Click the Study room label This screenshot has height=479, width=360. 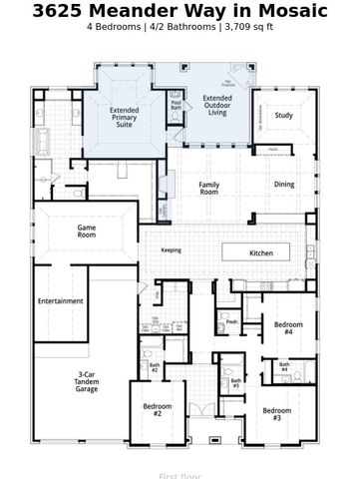click(x=282, y=116)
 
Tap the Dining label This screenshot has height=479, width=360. click(x=284, y=185)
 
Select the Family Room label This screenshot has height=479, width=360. click(x=208, y=189)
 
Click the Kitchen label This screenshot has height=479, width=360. click(x=261, y=253)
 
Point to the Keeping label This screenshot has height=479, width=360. click(x=172, y=249)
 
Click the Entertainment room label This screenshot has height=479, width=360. click(x=60, y=300)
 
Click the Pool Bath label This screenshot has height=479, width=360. click(x=177, y=103)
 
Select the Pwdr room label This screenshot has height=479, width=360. click(x=231, y=322)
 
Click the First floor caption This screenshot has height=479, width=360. click(x=180, y=475)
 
